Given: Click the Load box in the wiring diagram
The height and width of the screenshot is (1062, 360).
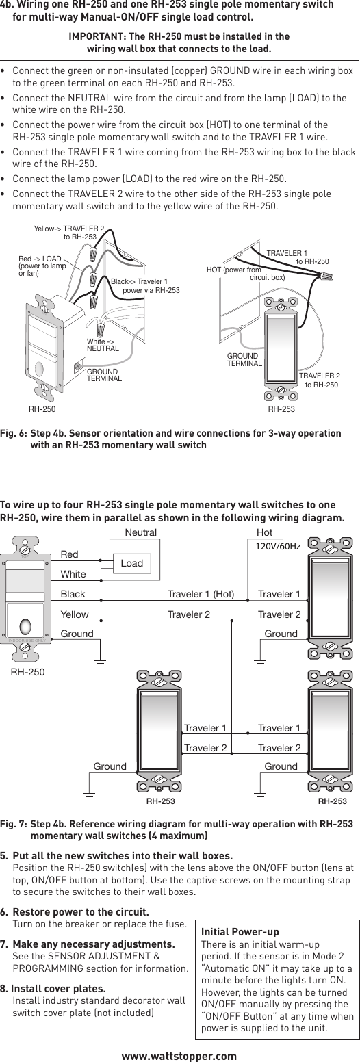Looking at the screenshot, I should pos(132,563).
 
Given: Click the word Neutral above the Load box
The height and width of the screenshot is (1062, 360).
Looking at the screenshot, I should pos(141,532).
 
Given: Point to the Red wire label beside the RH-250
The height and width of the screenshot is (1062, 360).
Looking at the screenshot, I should pos(70,554).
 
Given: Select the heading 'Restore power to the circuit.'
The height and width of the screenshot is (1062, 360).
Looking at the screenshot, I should pos(81,912).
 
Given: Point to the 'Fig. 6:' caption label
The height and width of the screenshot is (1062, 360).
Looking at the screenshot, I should pos(14,434).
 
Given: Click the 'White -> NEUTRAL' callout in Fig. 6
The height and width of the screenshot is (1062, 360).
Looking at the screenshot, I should pos(103,345).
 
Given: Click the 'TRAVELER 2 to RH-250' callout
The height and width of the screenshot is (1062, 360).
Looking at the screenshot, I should pos(319,380).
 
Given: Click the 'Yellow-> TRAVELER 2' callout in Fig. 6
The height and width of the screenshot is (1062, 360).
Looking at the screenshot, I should pos(69,233).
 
